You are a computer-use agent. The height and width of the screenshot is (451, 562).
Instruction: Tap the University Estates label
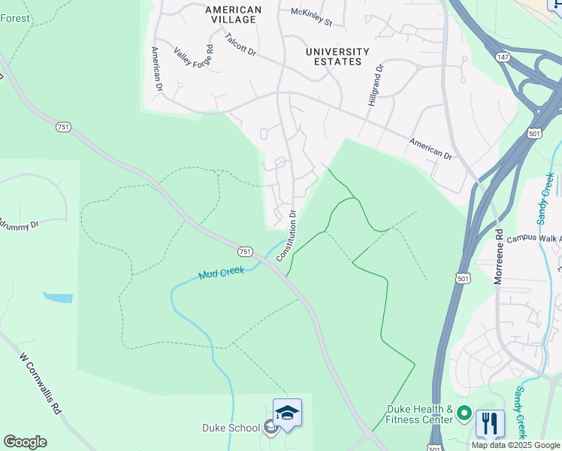coord(337,56)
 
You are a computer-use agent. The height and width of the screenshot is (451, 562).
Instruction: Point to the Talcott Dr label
coord(240,44)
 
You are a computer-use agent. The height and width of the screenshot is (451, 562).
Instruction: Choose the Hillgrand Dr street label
coord(376,84)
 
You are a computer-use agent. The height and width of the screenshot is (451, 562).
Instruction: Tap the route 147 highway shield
coord(502,57)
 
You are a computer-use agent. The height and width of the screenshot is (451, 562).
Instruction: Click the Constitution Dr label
coord(287,235)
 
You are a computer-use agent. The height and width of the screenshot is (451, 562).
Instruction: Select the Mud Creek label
coord(221,274)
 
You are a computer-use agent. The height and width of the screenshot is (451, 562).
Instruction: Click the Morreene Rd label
coord(498,256)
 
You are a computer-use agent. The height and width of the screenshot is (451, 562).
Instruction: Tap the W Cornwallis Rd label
coord(39,384)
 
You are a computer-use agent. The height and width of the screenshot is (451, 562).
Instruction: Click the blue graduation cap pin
coord(287,413)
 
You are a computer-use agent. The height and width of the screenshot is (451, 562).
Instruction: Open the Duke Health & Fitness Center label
coord(419,414)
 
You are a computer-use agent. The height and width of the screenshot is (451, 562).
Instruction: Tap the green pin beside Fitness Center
coord(464,413)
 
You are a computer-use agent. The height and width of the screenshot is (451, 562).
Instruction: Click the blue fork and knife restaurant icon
coord(490,423)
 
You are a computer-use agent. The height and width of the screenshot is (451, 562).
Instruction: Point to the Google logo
coord(25,442)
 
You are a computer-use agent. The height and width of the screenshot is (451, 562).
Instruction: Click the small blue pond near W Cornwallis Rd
coord(58,298)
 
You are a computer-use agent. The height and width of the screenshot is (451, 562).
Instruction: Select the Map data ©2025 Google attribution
coord(515,445)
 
